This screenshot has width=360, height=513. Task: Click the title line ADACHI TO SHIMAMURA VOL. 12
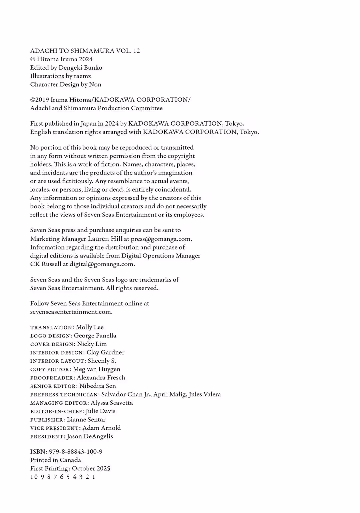point(85,51)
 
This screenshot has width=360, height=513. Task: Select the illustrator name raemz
point(82,76)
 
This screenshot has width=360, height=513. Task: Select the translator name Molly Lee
point(90,327)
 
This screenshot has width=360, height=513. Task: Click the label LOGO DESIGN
point(50,336)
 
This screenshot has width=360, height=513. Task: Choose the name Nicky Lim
point(92,344)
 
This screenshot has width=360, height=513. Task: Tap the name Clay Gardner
point(105,352)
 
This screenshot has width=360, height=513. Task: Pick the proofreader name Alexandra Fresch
point(101,377)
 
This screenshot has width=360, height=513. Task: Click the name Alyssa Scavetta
point(112,403)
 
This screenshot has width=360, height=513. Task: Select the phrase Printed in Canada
point(56,460)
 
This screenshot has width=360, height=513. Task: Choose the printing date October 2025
point(91,468)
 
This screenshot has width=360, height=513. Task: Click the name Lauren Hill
point(105,239)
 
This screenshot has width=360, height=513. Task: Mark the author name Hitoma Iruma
point(57,59)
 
